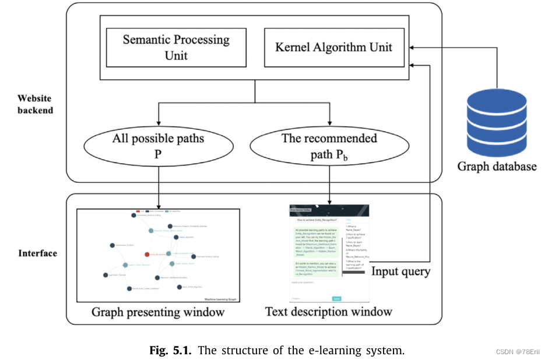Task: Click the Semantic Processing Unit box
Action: point(175,48)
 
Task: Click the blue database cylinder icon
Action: point(496,120)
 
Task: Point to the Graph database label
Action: point(496,167)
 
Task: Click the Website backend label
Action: point(35,104)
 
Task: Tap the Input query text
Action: point(401,271)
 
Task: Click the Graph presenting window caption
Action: point(158,312)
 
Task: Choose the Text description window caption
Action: point(329,312)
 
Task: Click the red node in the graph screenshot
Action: point(146,255)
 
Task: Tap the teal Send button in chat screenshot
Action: point(337,298)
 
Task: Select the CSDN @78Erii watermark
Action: point(518,352)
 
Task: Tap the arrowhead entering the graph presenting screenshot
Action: point(158,204)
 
